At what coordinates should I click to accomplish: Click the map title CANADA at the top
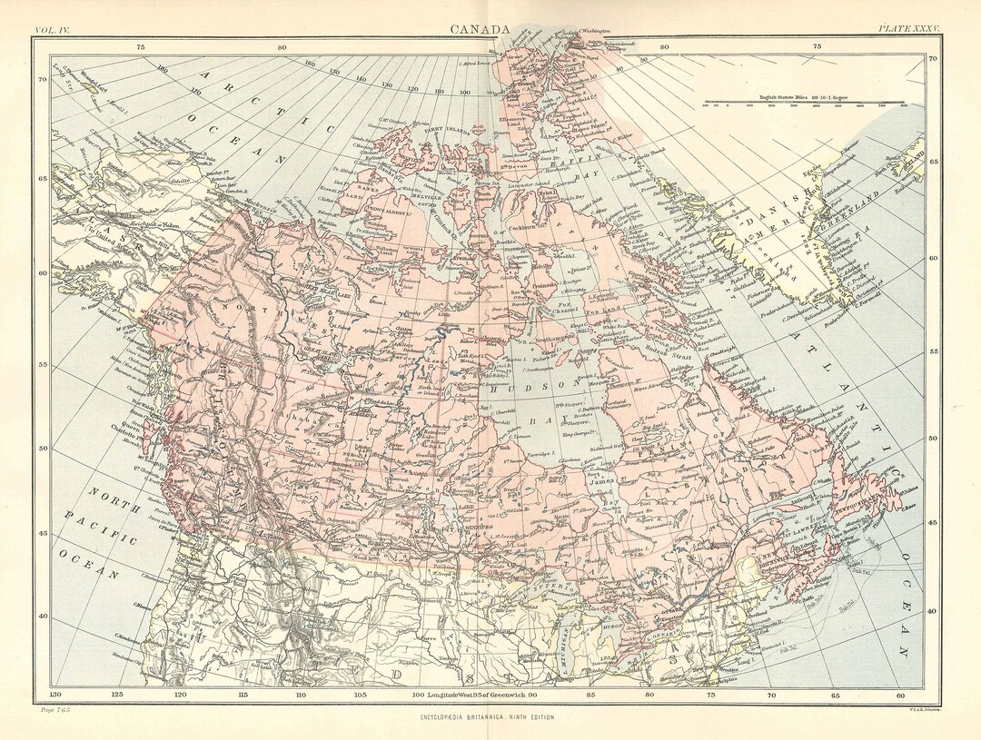(480, 30)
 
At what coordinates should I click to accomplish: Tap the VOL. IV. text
(52, 31)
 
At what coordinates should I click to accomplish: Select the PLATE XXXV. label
(908, 31)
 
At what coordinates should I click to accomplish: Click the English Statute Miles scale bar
(803, 104)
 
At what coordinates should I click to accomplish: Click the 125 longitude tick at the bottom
(115, 695)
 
